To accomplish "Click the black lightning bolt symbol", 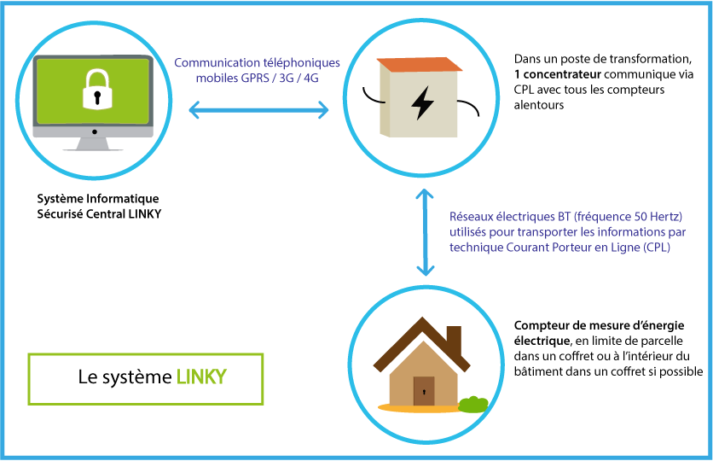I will point(422,102).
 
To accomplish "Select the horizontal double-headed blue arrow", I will point(258,109).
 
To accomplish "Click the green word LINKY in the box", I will point(201,377).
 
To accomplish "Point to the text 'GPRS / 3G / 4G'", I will point(284,78).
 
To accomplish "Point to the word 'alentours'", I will point(540,105).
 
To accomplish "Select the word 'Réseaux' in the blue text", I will point(472,216).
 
